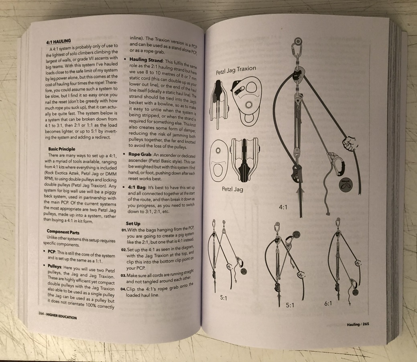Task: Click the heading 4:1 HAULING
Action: pos(59,41)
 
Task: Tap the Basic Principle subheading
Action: pos(62,149)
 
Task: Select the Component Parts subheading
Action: pos(63,232)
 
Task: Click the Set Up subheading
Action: pos(133,223)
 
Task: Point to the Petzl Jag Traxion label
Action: pos(236,70)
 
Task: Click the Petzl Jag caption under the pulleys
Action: pos(232,189)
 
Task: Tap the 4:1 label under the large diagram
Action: pos(283,207)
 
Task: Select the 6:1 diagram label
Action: pos(328,303)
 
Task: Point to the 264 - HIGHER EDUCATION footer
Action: pos(57,316)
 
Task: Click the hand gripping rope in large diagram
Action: pos(350,144)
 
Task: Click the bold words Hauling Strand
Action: pos(146,60)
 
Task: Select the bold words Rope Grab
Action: pos(140,154)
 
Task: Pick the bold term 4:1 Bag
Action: pos(136,187)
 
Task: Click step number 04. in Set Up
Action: pos(123,289)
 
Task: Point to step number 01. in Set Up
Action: pos(124,230)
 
